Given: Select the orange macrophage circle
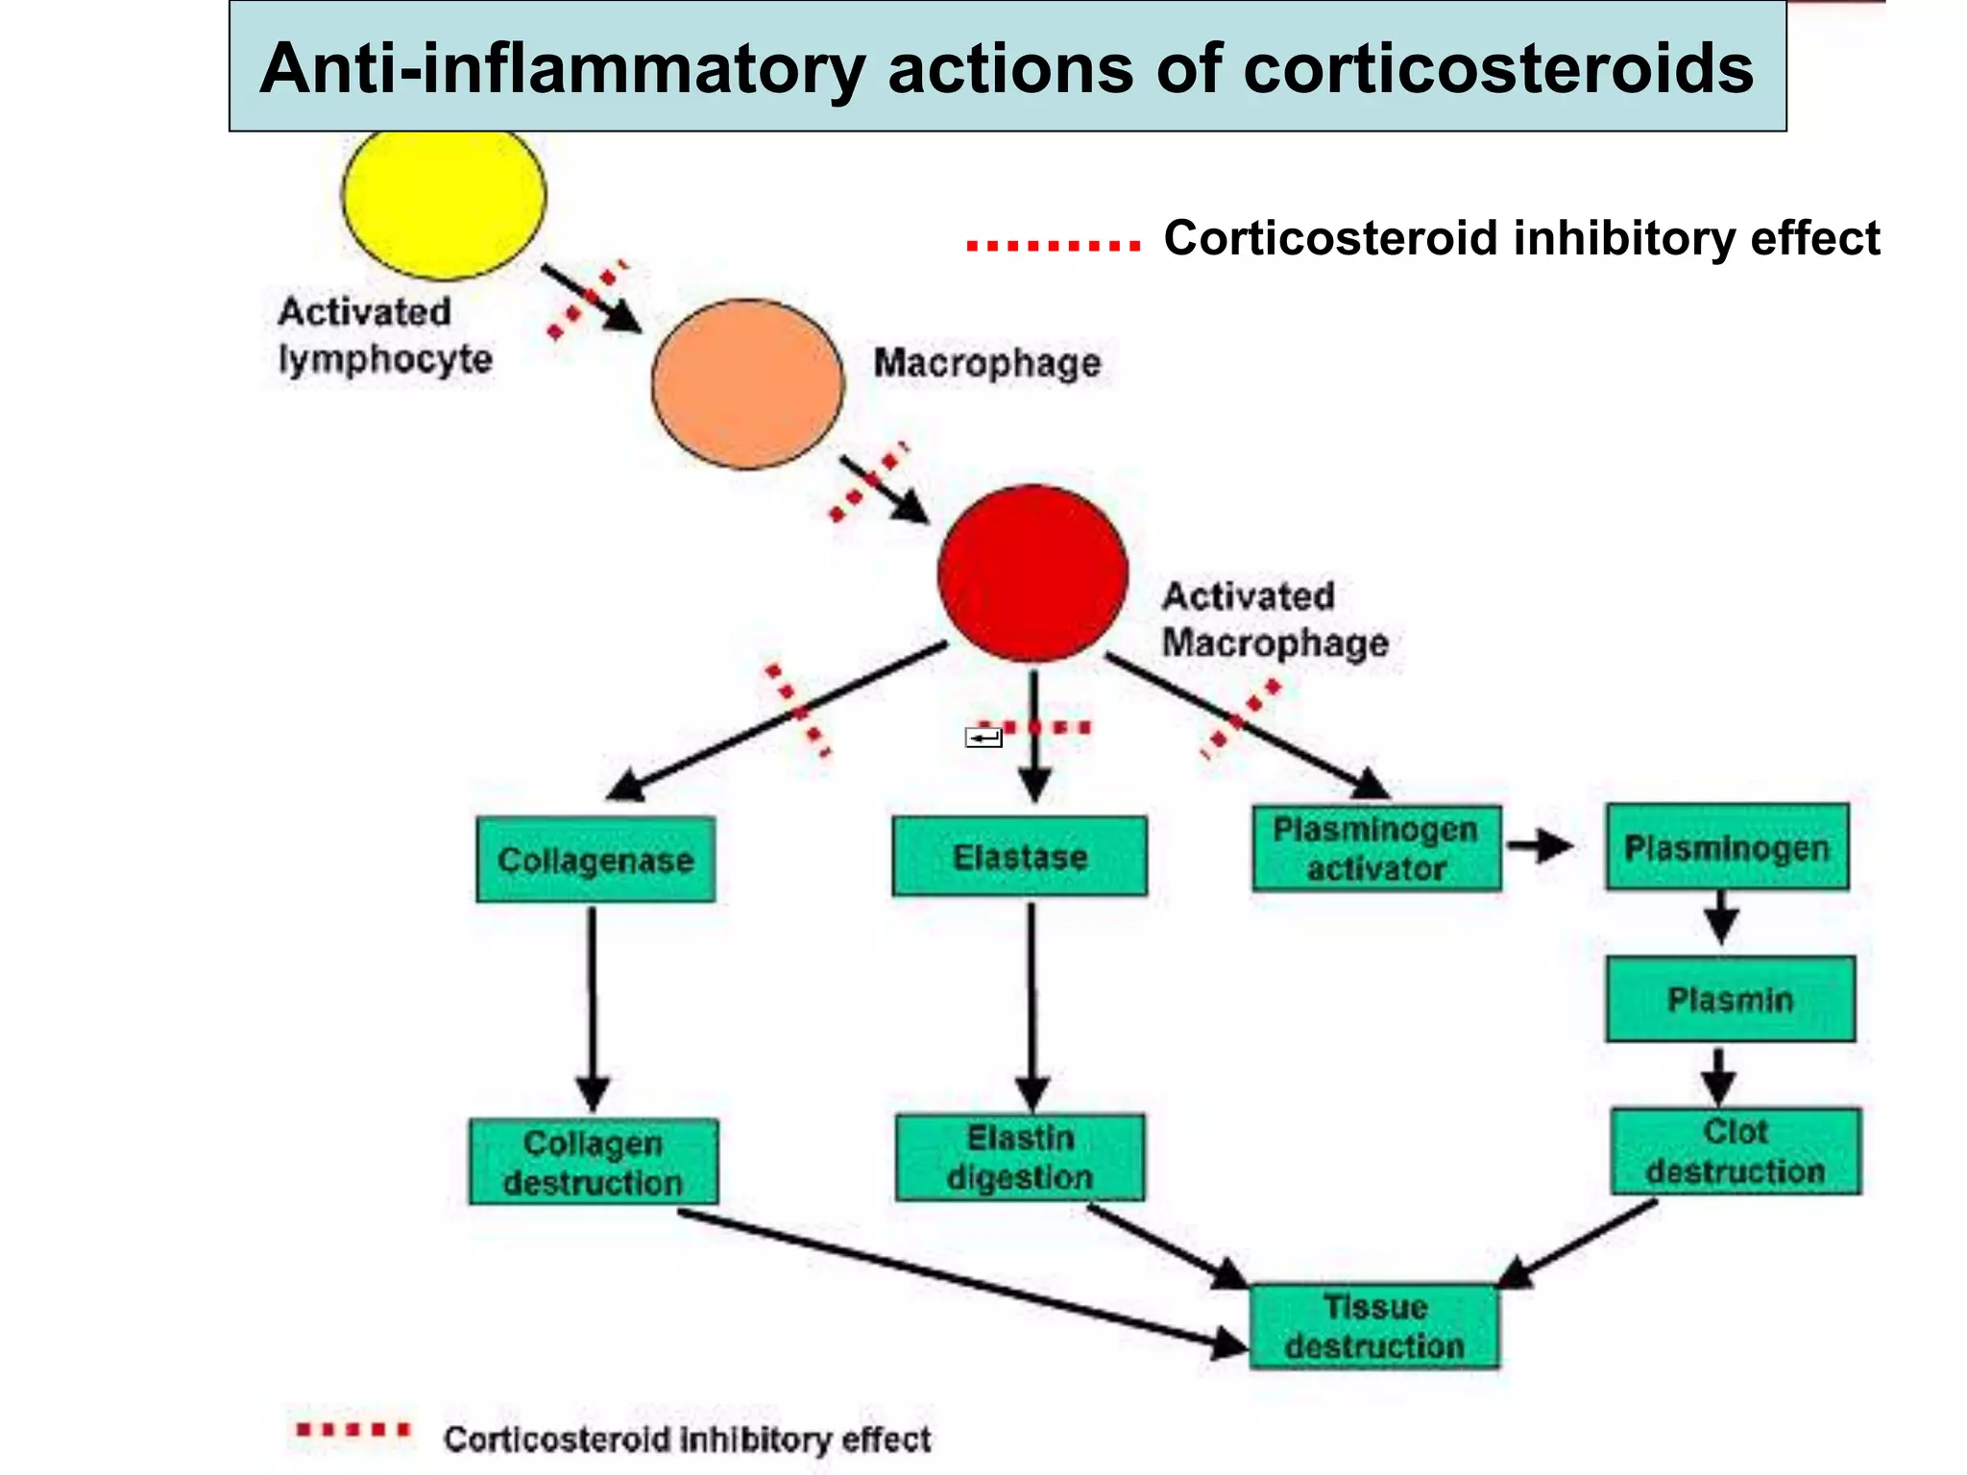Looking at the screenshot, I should tap(747, 384).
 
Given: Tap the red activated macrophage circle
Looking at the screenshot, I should tap(1032, 573).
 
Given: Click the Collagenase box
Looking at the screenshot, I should tap(595, 859).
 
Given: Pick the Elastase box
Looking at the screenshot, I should tap(1019, 857).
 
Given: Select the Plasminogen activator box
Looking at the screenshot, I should tap(1375, 849).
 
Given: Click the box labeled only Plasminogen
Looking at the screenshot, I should tap(1726, 847).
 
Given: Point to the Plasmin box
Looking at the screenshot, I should tap(1730, 999).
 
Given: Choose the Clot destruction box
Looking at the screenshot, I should tap(1735, 1151).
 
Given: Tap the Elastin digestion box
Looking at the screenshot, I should tap(1019, 1157).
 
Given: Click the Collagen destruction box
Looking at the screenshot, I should tap(594, 1162).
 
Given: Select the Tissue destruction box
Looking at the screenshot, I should tap(1374, 1326).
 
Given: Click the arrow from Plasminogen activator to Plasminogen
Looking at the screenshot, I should tap(1540, 846).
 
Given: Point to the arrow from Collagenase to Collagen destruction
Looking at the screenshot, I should tap(593, 1008).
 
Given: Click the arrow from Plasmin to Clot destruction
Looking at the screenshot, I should tap(1718, 1076).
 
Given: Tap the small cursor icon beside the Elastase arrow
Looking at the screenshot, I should tap(983, 737).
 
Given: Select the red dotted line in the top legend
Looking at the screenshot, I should tap(1053, 246).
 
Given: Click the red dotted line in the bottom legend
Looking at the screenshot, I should tap(352, 1430).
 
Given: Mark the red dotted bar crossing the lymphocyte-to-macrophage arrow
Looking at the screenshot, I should tap(587, 299).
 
